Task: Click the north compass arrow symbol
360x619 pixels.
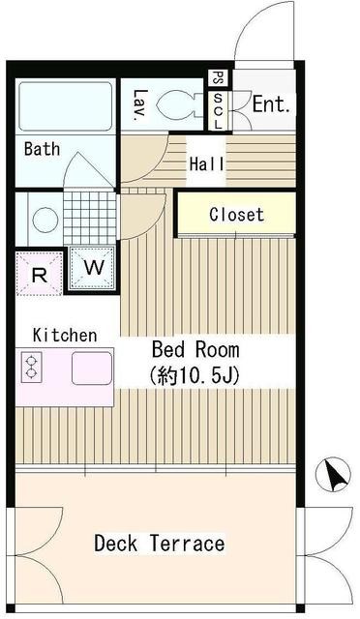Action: coord(334,474)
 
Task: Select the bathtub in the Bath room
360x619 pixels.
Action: coord(66,106)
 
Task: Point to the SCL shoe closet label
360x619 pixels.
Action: coord(218,111)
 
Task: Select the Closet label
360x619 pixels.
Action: coord(236,215)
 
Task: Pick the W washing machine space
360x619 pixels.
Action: coord(94,268)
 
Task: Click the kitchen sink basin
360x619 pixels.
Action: coord(92,368)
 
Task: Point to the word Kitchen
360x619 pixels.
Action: coord(65,336)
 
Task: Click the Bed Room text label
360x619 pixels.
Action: coord(195,350)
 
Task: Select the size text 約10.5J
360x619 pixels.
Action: coord(195,376)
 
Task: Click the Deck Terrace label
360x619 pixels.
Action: coord(160,544)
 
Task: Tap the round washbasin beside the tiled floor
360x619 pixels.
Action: coord(45,220)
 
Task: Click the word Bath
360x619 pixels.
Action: coord(43,149)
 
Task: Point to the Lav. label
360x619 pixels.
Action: coord(140,105)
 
